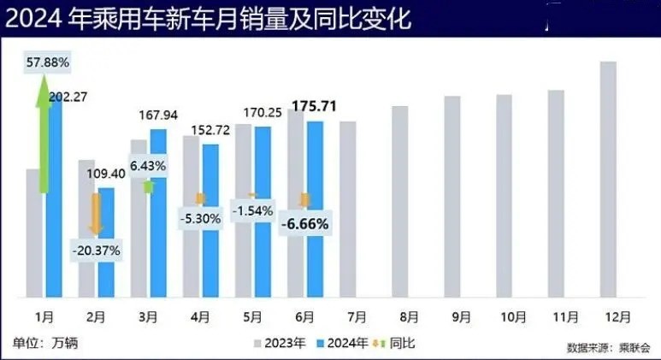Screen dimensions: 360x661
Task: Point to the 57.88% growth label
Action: (48, 63)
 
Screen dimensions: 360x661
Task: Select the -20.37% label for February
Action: (96, 251)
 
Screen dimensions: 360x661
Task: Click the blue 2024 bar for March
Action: (158, 214)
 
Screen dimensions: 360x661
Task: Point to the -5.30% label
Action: (201, 217)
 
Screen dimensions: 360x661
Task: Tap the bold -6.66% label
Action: (306, 223)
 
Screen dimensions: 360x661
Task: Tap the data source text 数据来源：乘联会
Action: (608, 347)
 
